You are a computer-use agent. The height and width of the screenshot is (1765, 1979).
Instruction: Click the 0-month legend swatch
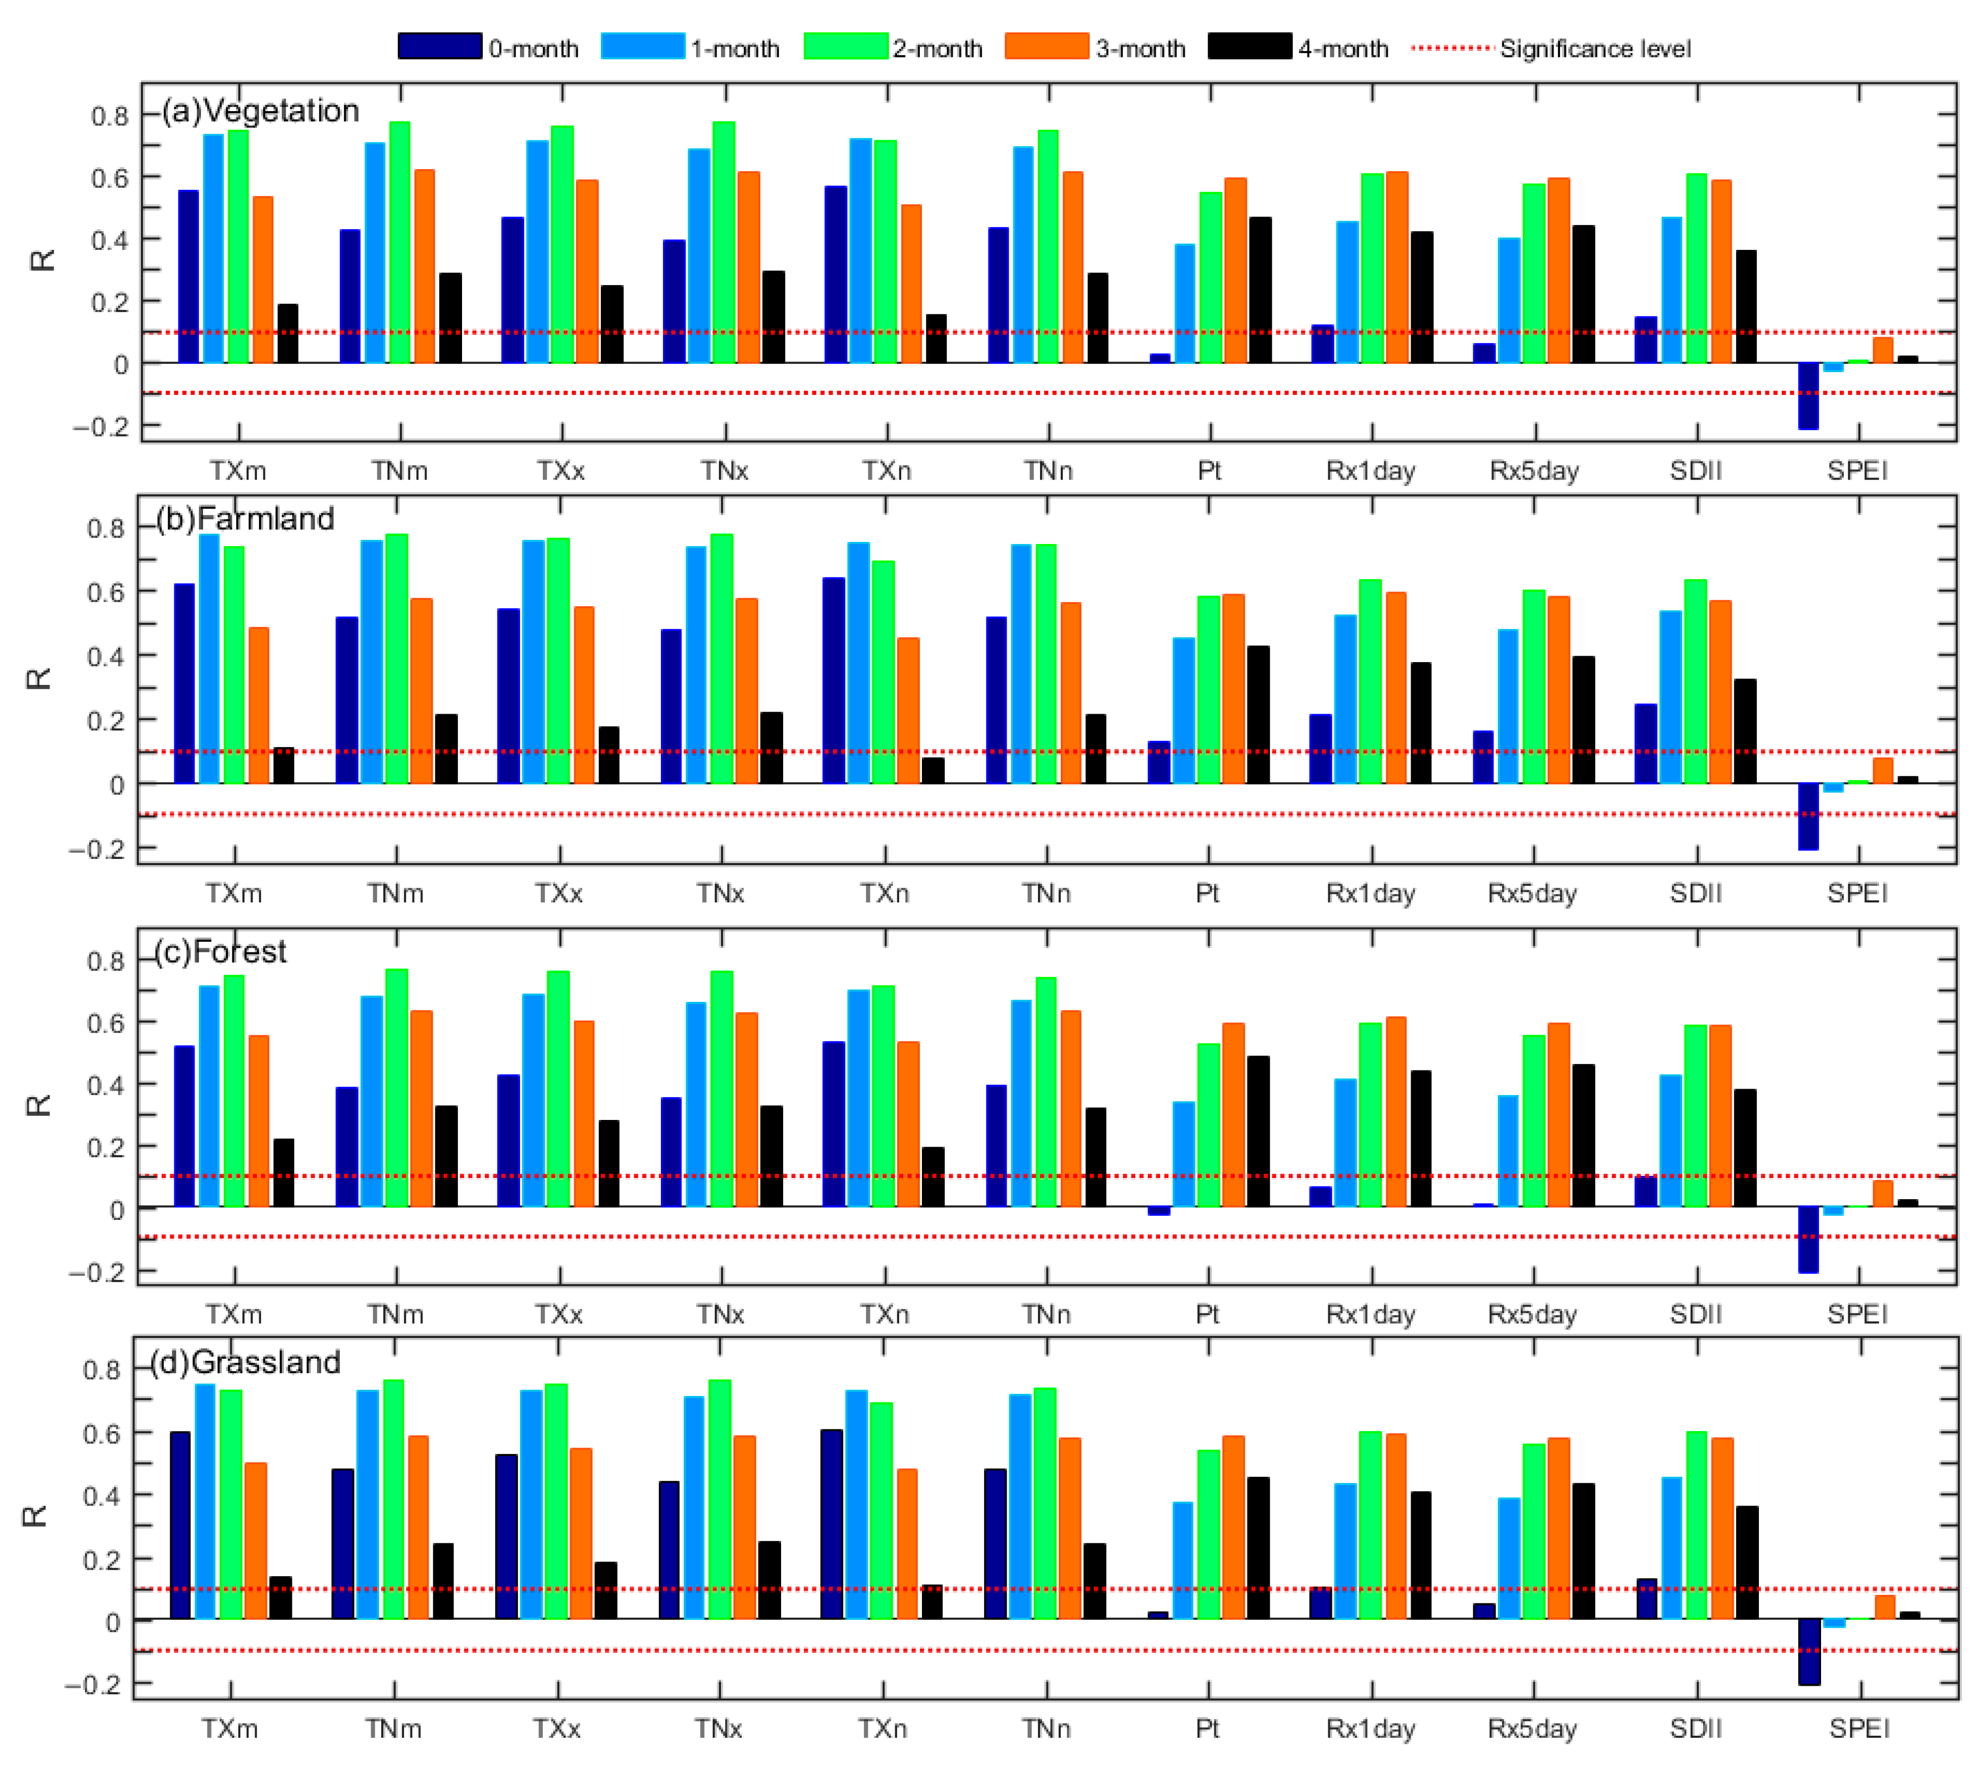(439, 47)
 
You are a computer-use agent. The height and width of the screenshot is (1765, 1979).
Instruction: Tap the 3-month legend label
(1141, 48)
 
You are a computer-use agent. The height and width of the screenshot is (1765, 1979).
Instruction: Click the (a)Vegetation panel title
(260, 111)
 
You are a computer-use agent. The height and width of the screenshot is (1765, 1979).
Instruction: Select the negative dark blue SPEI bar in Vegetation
(1807, 396)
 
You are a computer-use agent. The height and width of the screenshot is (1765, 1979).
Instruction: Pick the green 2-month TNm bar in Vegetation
(399, 242)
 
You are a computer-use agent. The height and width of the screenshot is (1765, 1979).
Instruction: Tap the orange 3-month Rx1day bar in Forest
(1395, 1111)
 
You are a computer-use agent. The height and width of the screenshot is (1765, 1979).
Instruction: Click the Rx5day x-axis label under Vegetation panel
(1534, 471)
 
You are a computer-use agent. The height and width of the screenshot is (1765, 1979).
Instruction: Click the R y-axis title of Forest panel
(37, 1105)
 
